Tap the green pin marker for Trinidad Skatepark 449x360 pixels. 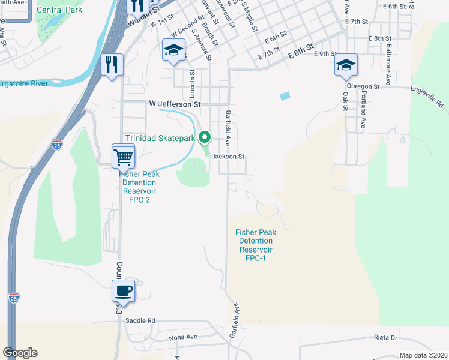205,137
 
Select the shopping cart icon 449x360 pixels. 123,157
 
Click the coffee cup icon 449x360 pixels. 123,291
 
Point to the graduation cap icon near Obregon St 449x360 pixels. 346,65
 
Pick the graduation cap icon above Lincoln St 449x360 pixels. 173,50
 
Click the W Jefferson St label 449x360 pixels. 175,104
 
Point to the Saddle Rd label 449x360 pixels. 140,320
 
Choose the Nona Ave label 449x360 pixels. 183,337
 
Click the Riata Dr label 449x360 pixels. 385,337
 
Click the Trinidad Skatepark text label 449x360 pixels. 160,138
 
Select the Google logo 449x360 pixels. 20,353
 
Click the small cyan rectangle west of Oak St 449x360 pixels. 285,95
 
